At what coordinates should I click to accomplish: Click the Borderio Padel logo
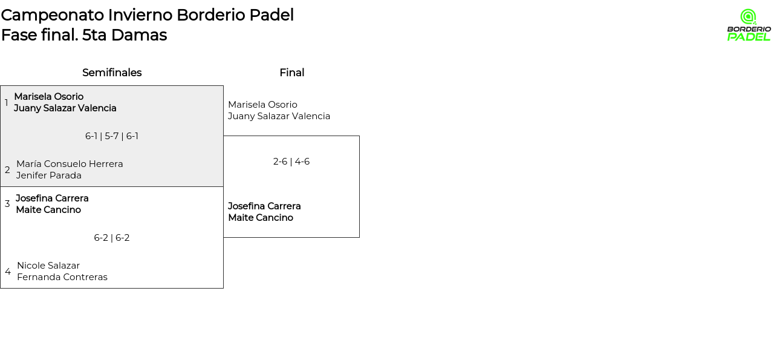(x=749, y=25)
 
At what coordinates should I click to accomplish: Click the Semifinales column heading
(x=112, y=73)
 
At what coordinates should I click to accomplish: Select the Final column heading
(x=292, y=73)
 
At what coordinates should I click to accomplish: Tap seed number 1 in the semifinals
(x=6, y=103)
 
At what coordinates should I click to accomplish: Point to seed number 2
(x=7, y=170)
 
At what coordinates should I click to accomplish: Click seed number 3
(x=7, y=204)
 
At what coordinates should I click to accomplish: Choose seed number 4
(x=8, y=272)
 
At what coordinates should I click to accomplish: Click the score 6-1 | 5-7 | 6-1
(x=112, y=136)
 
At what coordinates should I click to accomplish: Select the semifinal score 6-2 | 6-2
(x=112, y=238)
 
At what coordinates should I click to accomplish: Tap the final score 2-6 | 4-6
(x=291, y=162)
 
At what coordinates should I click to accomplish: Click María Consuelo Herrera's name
(x=70, y=164)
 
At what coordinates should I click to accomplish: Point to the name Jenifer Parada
(x=49, y=175)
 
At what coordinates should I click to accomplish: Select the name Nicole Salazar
(x=48, y=266)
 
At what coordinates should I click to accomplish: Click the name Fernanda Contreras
(x=62, y=277)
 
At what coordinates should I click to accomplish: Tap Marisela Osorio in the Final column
(x=262, y=105)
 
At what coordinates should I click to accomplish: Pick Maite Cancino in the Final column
(x=261, y=218)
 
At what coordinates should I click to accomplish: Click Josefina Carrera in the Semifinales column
(x=52, y=198)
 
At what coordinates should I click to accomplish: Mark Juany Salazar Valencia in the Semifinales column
(x=65, y=108)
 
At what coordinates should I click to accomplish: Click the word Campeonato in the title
(x=53, y=15)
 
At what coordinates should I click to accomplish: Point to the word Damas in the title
(x=139, y=35)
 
